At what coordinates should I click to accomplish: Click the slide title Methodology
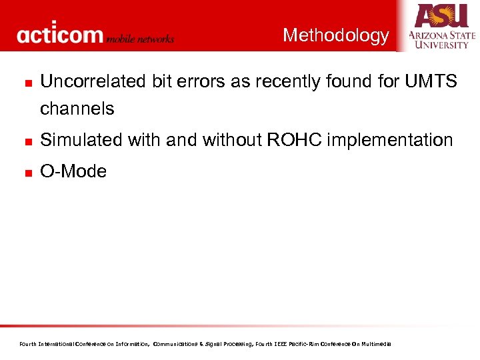[x=335, y=35]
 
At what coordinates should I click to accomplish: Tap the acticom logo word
[x=60, y=35]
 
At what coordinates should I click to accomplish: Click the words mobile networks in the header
[x=140, y=39]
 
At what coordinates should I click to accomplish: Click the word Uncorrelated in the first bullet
[x=84, y=81]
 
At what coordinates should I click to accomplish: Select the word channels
[x=77, y=109]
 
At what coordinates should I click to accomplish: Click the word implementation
[x=390, y=140]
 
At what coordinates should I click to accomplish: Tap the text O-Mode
[x=73, y=171]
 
